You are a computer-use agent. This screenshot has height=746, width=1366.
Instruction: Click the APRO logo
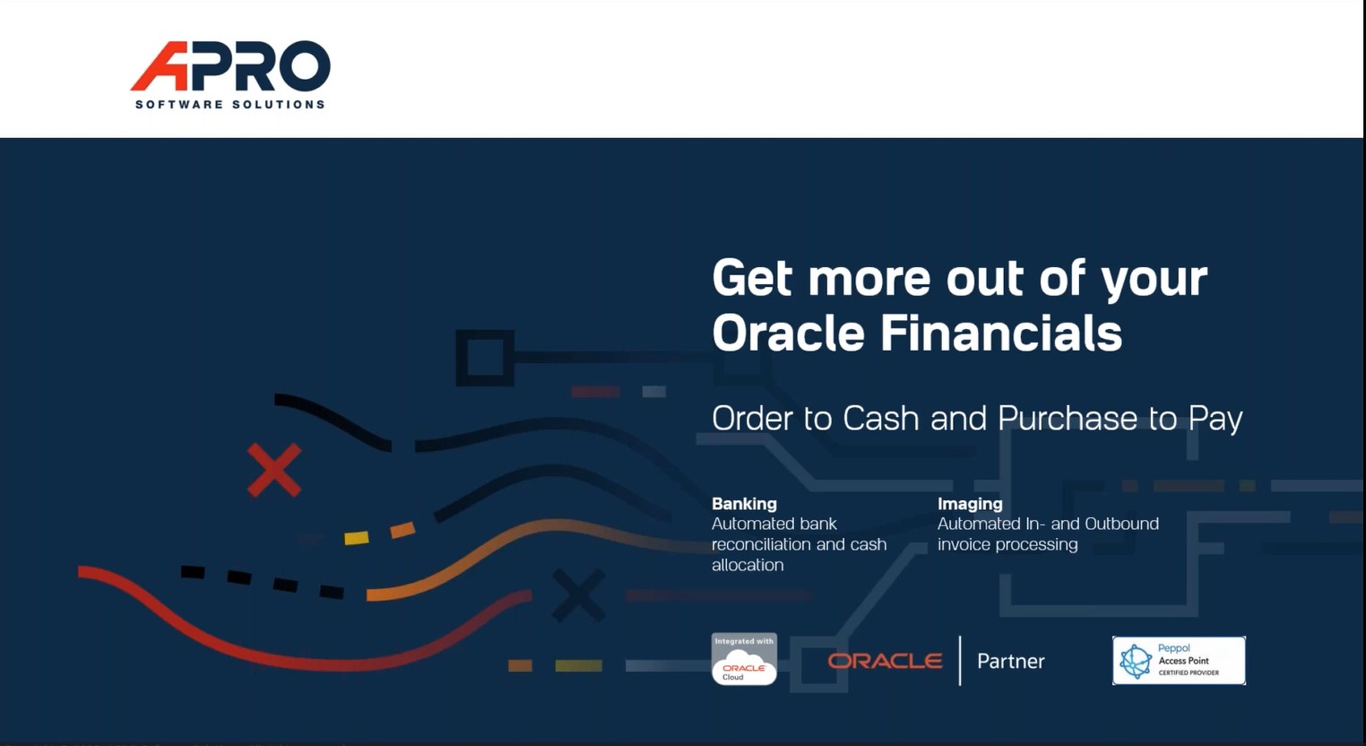pos(230,74)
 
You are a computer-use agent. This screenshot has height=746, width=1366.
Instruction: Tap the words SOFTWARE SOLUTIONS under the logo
pos(230,104)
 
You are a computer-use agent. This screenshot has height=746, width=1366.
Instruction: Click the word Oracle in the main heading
pos(788,333)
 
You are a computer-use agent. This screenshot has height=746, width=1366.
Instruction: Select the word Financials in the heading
pos(1000,333)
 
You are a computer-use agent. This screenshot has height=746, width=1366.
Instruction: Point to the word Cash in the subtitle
pos(880,419)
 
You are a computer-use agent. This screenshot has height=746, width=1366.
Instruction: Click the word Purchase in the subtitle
pos(1068,419)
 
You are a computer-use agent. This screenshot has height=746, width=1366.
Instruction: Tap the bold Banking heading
pos(744,504)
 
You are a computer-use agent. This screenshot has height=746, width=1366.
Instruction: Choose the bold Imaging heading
pos(970,504)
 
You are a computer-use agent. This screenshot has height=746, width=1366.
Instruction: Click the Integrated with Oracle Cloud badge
pos(744,659)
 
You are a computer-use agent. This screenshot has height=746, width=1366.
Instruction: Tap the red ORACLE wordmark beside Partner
pos(885,661)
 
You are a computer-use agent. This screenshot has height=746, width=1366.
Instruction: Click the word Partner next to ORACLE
pos(1010,661)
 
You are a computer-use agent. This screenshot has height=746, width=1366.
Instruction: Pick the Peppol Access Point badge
pos(1179,661)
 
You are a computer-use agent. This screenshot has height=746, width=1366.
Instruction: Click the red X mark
pos(273,471)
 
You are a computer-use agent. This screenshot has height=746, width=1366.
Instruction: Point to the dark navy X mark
pos(579,595)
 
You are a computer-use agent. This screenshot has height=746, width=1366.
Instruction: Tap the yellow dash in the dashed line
pos(356,537)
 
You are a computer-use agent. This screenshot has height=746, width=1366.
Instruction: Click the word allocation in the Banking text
pos(748,565)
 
